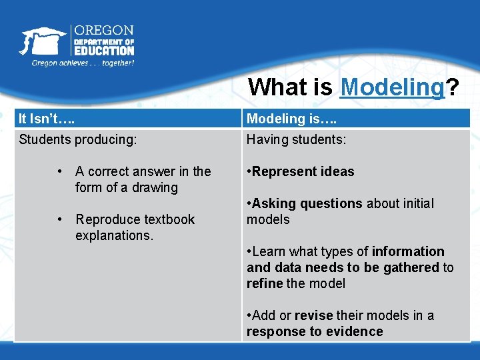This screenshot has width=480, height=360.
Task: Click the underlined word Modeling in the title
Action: [392, 87]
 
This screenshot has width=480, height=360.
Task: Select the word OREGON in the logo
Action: [103, 31]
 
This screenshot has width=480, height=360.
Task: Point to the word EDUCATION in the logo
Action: [103, 50]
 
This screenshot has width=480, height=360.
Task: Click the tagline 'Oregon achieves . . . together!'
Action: [83, 63]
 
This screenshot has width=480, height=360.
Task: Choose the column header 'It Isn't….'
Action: [47, 119]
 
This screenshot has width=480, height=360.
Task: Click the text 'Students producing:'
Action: [78, 139]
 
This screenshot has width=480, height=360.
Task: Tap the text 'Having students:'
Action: [296, 139]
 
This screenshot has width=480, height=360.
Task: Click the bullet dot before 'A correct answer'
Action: [60, 171]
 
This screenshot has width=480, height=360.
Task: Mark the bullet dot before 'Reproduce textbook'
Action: [60, 219]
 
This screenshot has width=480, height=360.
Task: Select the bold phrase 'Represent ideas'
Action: [303, 171]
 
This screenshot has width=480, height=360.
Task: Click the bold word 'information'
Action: [408, 251]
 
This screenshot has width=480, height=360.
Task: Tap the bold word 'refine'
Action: [265, 283]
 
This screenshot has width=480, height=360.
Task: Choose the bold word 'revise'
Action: [313, 315]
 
